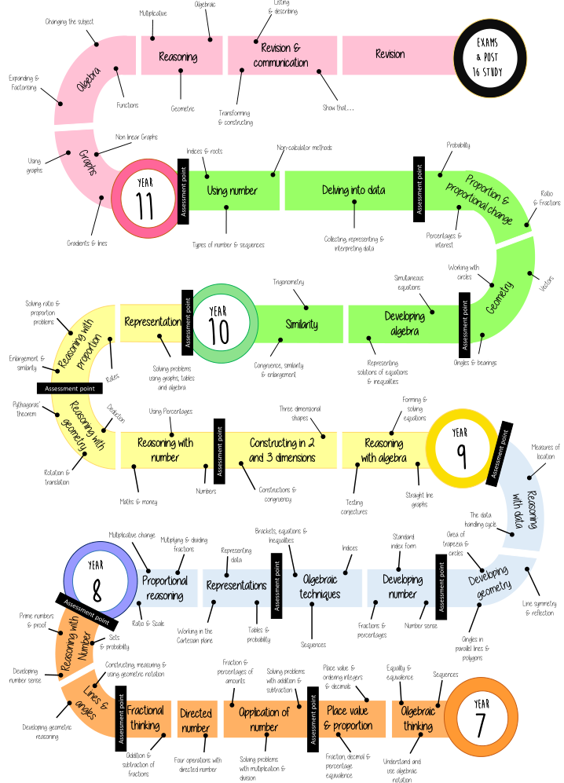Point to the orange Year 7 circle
pos(482,719)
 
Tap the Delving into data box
pos(353,190)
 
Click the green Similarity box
pos(302,324)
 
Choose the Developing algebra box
pos(403,324)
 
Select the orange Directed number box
pos(196,720)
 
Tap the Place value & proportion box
pos(348,719)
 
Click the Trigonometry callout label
pos(288,281)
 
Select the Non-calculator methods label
pos(305,148)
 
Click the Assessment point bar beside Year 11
pos(183,191)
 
